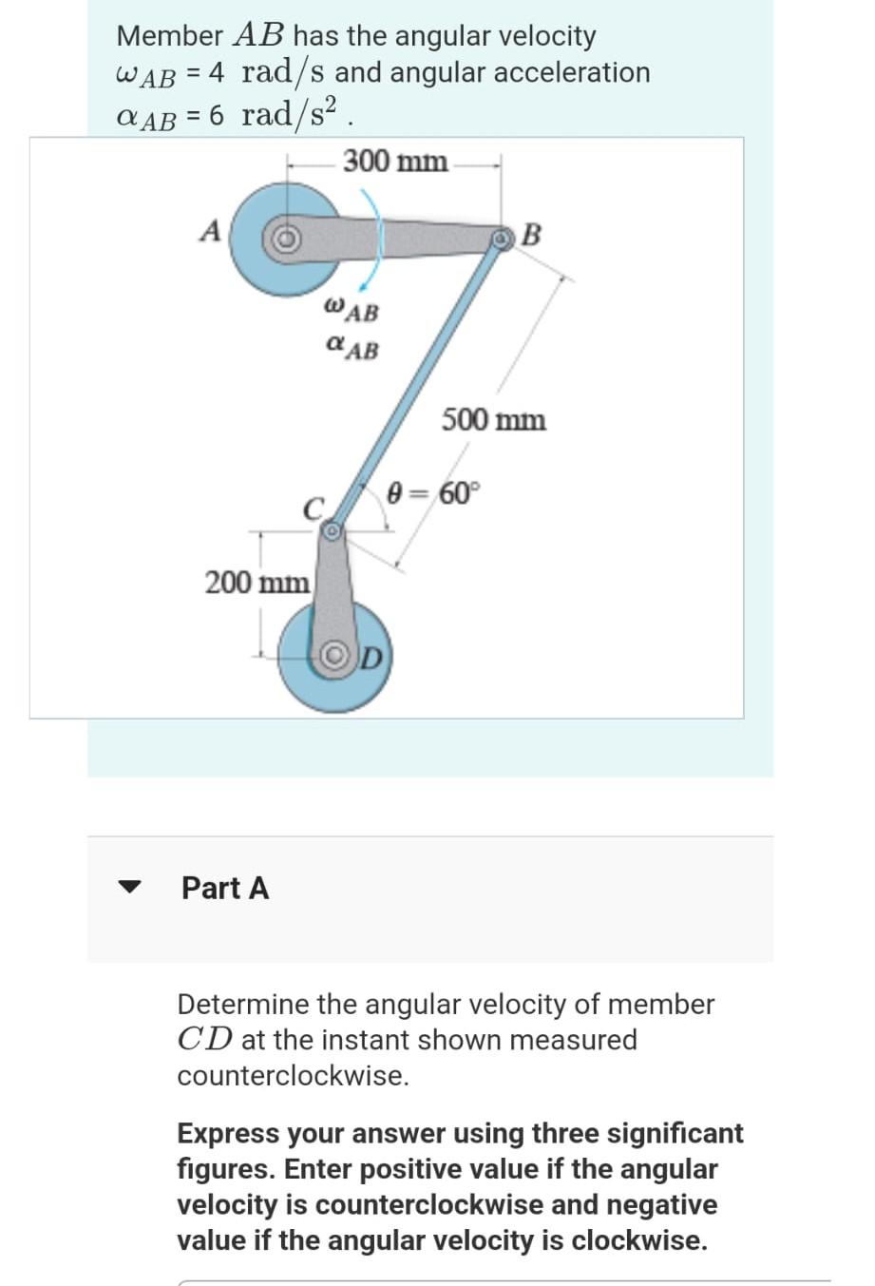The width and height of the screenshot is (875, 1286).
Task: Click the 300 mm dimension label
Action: click(395, 161)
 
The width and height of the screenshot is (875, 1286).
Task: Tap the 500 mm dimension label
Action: click(493, 419)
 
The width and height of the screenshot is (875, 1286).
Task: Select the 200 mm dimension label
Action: click(257, 581)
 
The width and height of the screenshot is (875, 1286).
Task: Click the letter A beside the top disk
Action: click(210, 231)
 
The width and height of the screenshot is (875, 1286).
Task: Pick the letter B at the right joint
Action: click(532, 234)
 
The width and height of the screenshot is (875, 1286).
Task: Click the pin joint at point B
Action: click(501, 239)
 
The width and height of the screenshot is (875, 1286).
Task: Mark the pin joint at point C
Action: click(332, 533)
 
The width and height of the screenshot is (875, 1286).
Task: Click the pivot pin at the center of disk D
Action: click(336, 657)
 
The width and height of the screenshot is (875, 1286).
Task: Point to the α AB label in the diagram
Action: click(351, 348)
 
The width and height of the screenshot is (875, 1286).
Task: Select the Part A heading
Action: click(225, 888)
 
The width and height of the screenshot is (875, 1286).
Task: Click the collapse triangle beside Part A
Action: click(128, 888)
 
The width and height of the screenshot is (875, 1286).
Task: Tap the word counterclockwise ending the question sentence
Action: click(293, 1076)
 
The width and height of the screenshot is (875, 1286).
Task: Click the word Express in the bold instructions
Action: click(228, 1133)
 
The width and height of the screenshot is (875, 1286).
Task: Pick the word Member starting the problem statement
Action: click(169, 36)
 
